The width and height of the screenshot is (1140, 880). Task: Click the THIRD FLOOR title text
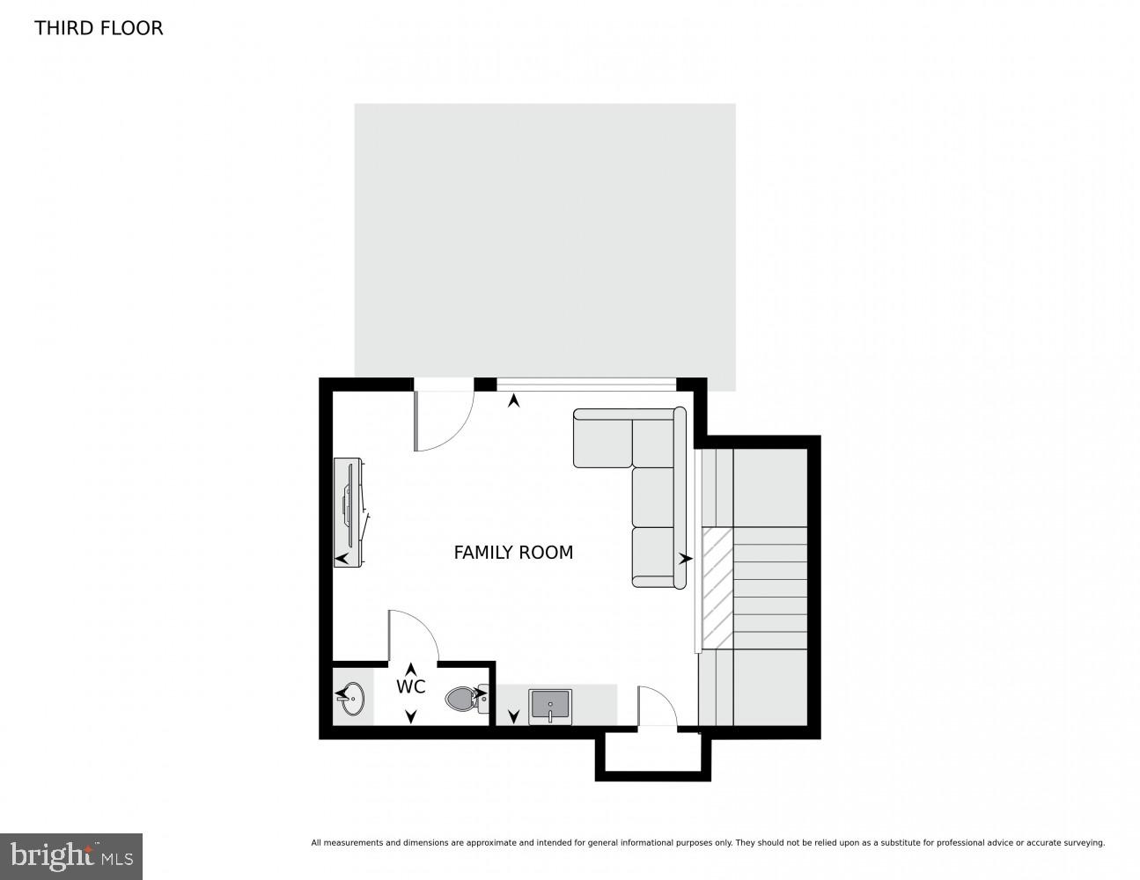tap(99, 28)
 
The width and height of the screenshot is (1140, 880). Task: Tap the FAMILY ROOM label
tap(513, 553)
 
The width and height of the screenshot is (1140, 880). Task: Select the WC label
tap(411, 686)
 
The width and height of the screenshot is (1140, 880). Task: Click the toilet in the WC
tap(463, 700)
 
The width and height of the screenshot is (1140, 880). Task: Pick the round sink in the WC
tap(353, 700)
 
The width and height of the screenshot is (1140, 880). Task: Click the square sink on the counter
tap(550, 707)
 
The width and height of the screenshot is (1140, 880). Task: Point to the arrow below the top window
tap(514, 401)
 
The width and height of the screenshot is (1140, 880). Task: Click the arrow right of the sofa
tap(686, 559)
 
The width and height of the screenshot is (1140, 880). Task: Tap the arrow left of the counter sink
tap(513, 716)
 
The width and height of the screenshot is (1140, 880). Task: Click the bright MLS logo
tap(71, 855)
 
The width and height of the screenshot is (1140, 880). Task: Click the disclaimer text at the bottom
tap(707, 843)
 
